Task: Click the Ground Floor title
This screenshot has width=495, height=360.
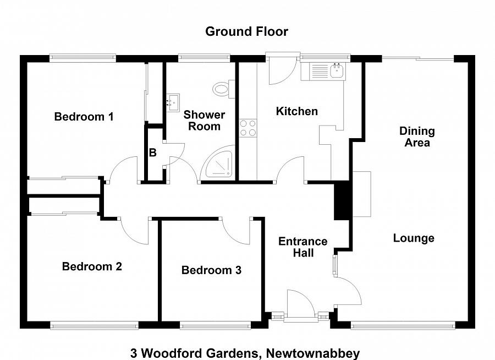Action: (x=246, y=31)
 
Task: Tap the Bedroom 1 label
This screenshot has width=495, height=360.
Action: (x=84, y=117)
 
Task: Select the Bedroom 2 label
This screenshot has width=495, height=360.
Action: (x=92, y=266)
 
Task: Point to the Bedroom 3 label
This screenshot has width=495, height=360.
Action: (x=211, y=270)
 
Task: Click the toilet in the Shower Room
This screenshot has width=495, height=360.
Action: (x=223, y=88)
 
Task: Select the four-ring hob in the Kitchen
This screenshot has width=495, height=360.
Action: (x=248, y=128)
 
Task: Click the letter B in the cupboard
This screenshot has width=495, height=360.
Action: (x=153, y=153)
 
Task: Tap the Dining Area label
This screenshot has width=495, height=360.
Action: (x=417, y=137)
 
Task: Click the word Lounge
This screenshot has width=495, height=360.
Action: (x=414, y=238)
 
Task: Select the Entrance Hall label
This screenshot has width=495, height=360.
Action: (x=302, y=247)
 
